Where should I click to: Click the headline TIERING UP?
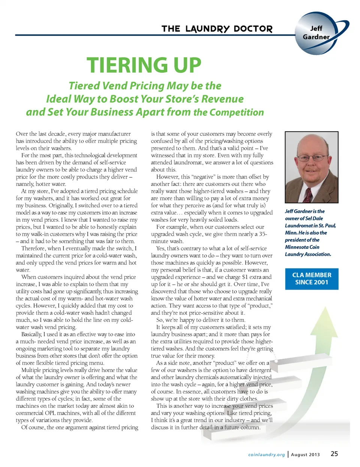click(x=144, y=65)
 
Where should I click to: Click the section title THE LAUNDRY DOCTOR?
click(x=217, y=29)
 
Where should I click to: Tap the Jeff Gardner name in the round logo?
click(x=316, y=33)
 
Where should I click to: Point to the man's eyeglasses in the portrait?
click(x=311, y=157)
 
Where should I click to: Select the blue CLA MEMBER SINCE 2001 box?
click(x=312, y=279)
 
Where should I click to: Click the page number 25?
click(x=334, y=454)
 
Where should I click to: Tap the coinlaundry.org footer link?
click(x=266, y=455)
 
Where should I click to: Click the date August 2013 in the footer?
click(x=305, y=455)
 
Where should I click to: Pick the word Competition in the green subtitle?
click(x=236, y=113)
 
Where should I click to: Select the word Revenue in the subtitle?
click(x=222, y=99)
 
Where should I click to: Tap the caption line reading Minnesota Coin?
click(x=302, y=247)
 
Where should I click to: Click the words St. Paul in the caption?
click(x=327, y=225)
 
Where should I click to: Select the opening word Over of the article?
click(x=21, y=134)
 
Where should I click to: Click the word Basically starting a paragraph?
click(x=31, y=334)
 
